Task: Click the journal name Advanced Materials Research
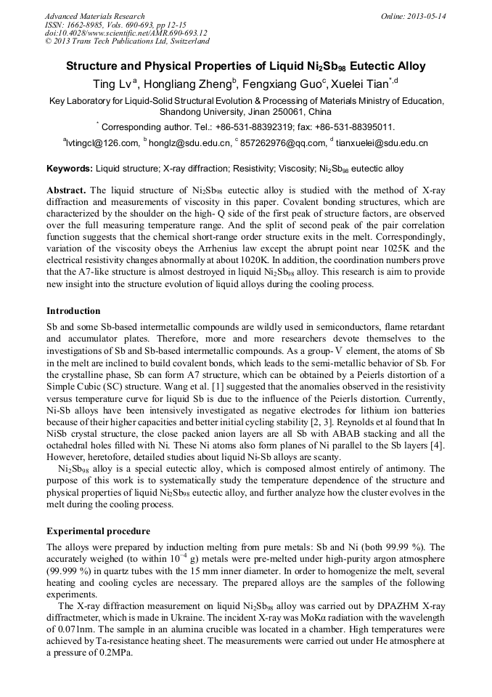point(94,16)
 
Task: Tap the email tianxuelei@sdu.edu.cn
point(382,143)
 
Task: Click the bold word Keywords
point(70,169)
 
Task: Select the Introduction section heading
point(73,311)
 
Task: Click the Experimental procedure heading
point(98,531)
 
